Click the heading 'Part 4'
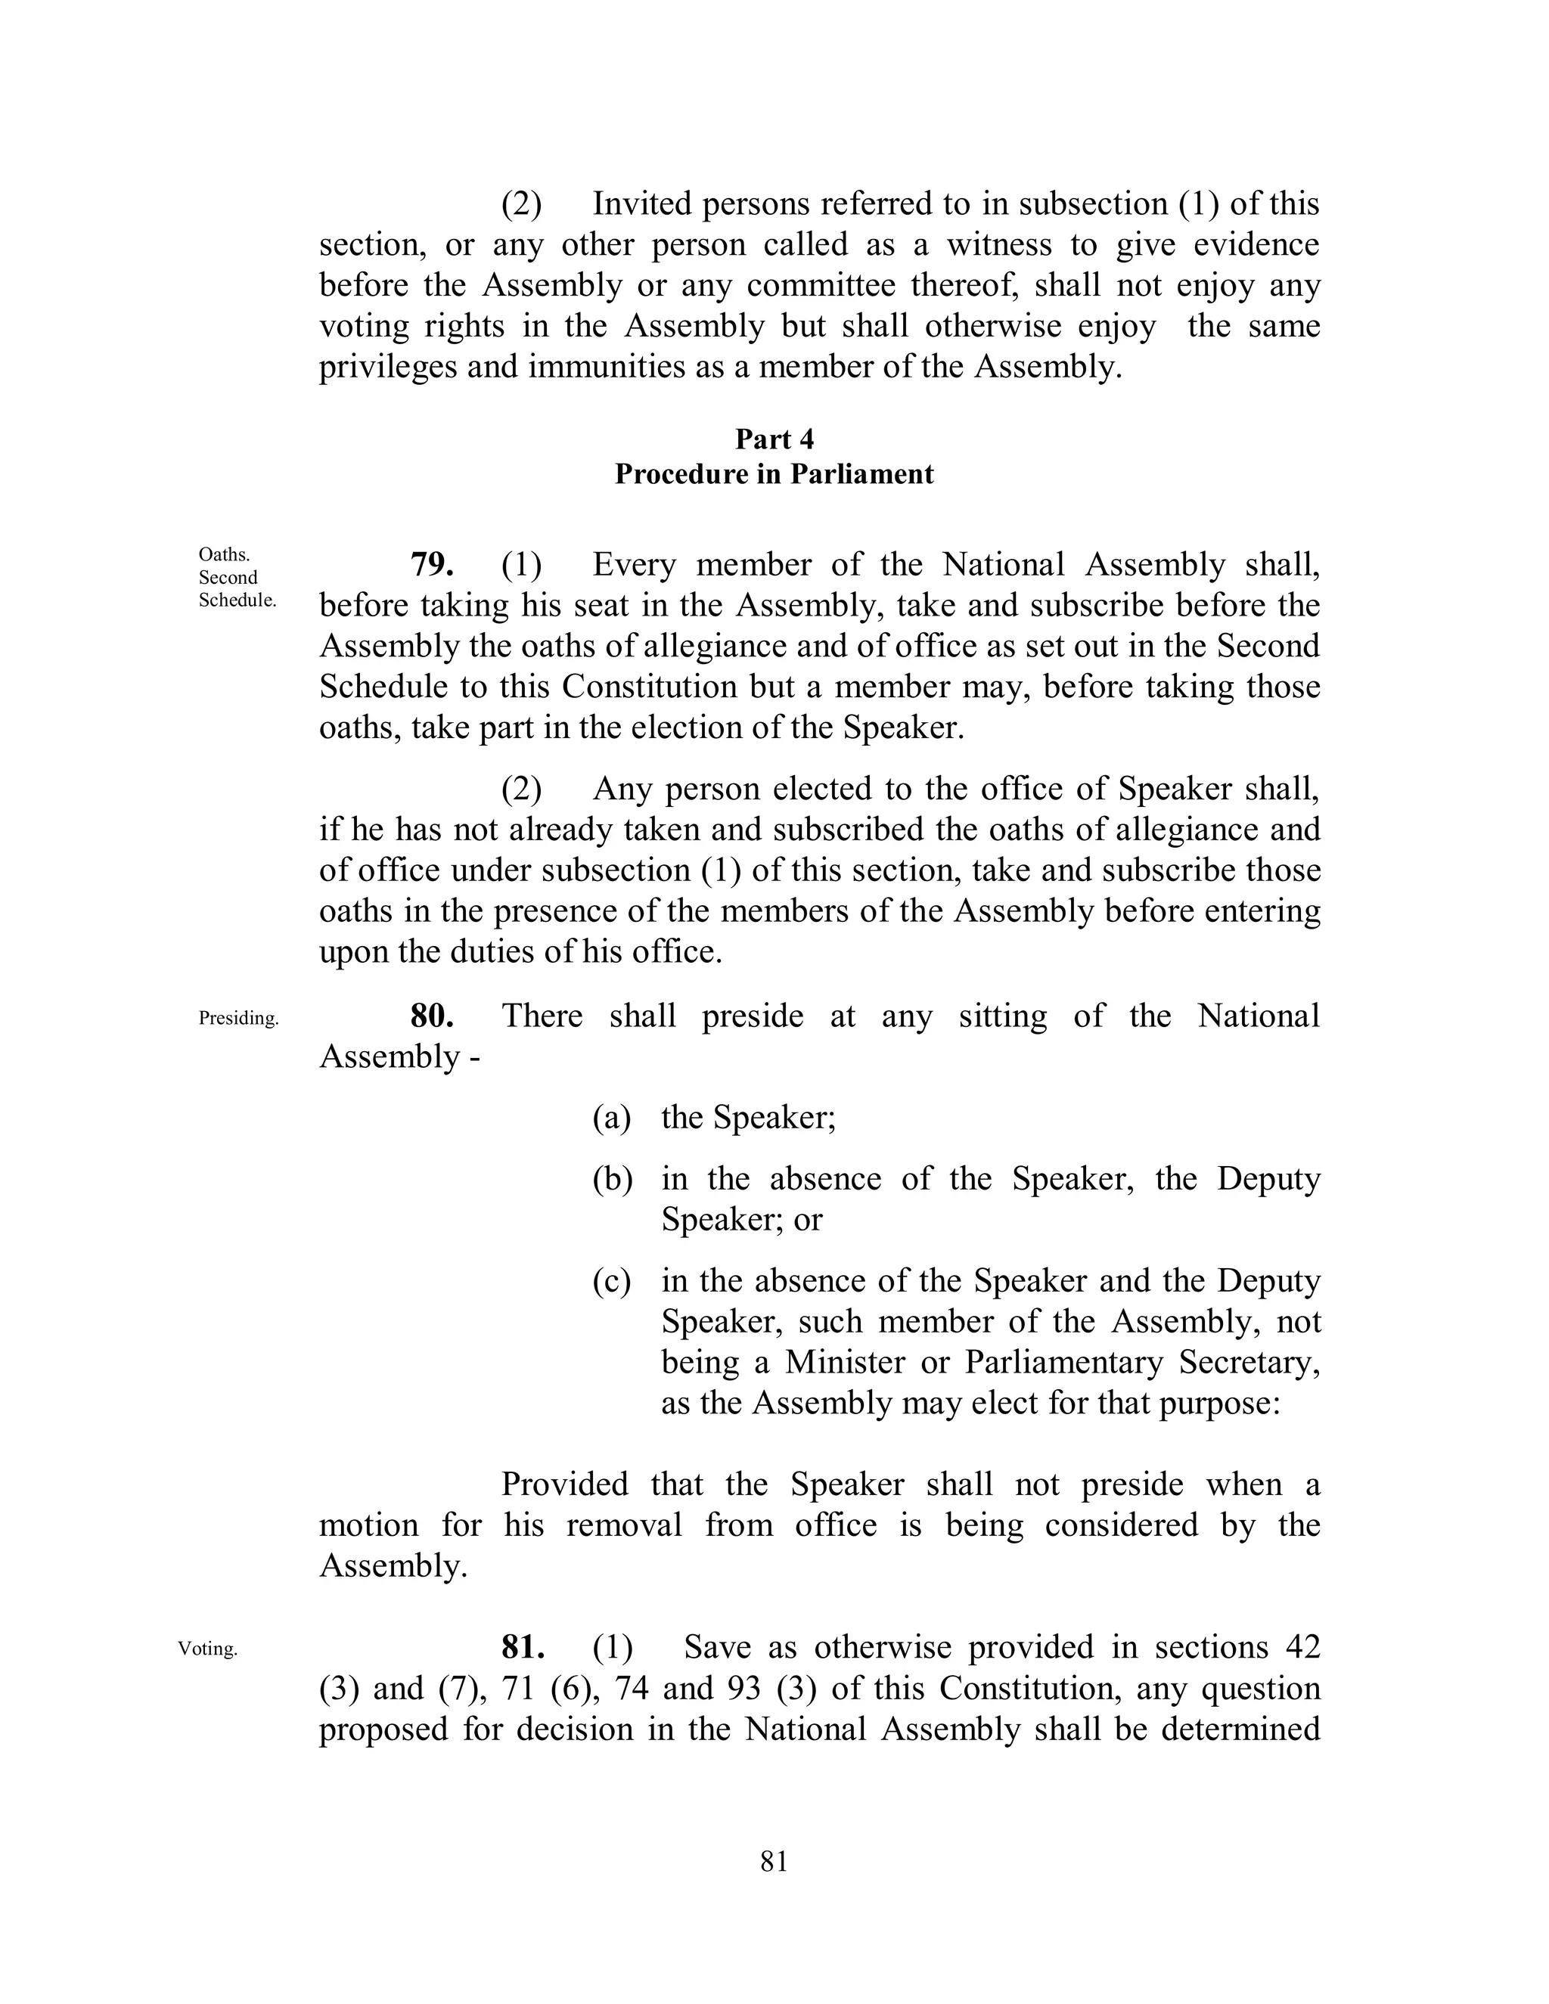point(774,439)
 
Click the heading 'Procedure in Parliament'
point(774,474)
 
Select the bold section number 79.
point(431,564)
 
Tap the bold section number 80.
point(431,1016)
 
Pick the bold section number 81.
point(523,1647)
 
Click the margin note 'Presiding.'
point(238,1019)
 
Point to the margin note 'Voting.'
point(207,1649)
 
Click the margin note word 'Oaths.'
point(224,554)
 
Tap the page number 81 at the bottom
point(774,1862)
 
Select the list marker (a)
point(612,1118)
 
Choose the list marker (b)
point(612,1179)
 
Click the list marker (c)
point(612,1281)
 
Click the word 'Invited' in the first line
point(641,203)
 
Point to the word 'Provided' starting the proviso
point(564,1484)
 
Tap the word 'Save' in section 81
point(717,1647)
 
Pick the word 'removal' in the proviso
point(624,1525)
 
